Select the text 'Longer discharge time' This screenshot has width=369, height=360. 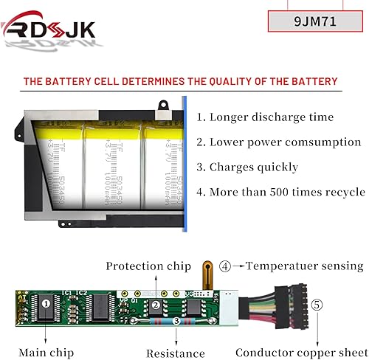click(264, 117)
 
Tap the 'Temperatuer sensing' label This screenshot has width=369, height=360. click(304, 266)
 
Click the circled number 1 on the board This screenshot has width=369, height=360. click(46, 302)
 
